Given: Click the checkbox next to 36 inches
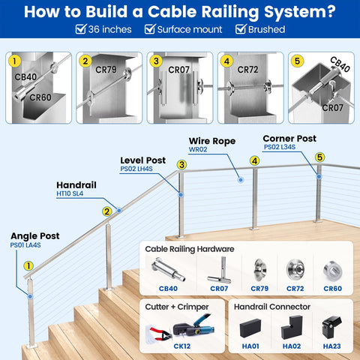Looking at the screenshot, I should pos(80,29).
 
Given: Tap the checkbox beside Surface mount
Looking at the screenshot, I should pos(150,29).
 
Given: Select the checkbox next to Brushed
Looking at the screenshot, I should pos(241,29).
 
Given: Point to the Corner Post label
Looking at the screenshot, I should pos(289,138).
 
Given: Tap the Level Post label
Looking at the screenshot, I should pos(143,160).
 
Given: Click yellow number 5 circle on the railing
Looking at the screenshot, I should pos(319,157).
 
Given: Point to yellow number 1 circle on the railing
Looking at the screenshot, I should pos(28,265).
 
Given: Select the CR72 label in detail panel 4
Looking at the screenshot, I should pos(247,69).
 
